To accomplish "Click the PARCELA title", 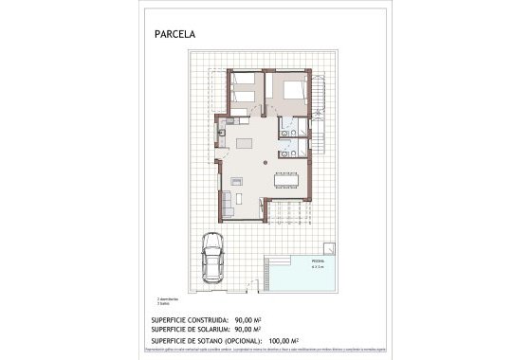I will pyautogui.click(x=174, y=34).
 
